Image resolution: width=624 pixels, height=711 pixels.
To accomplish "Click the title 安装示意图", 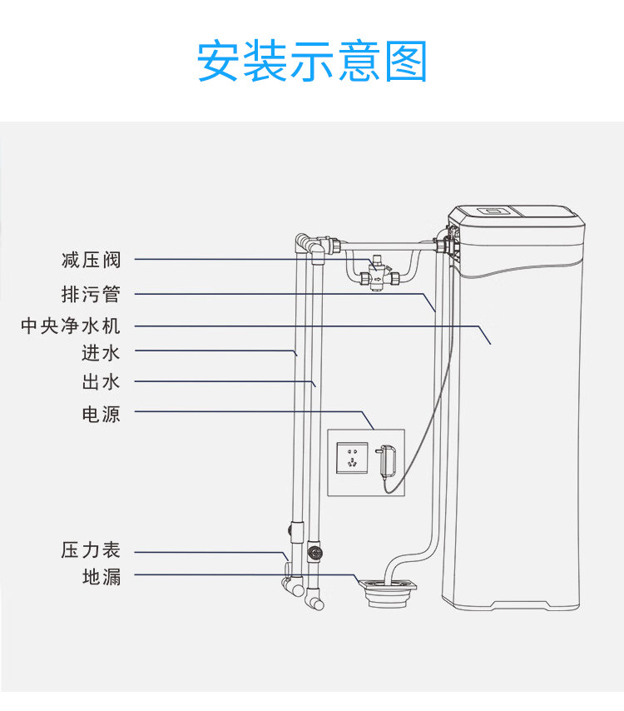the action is (x=312, y=61).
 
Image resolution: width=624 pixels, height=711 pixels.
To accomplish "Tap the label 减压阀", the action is (x=91, y=260).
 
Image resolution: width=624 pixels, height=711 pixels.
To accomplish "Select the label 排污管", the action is (x=91, y=294).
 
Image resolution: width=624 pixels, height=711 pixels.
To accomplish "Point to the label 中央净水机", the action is (x=71, y=326).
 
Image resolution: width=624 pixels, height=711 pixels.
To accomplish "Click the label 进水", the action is (x=101, y=353).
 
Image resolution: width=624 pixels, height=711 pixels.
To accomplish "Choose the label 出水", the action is (x=101, y=382).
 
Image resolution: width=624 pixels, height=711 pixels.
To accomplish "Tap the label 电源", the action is (x=101, y=414).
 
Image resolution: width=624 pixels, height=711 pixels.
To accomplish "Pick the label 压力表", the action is (x=91, y=550).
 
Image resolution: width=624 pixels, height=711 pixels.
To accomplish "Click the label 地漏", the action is (x=102, y=577).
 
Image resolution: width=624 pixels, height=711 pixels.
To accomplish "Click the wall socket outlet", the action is (x=352, y=458).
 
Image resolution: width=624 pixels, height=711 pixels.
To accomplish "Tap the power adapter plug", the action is (x=386, y=460).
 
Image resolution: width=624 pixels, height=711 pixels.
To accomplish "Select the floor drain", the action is (x=388, y=592).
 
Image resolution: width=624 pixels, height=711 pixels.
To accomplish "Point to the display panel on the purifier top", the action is (x=493, y=211).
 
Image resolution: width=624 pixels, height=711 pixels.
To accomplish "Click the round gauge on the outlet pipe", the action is (x=314, y=552).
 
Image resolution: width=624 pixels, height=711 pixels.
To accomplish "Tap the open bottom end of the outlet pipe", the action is (x=319, y=604).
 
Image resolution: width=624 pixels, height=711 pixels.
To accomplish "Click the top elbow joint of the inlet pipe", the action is (x=302, y=241).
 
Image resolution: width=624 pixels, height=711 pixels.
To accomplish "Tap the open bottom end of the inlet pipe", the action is (x=298, y=589).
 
